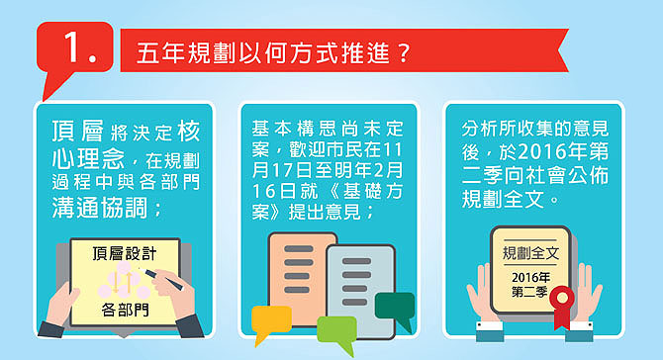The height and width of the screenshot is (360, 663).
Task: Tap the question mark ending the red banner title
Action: pos(404,53)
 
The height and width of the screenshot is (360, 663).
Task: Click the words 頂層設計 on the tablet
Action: pos(125,253)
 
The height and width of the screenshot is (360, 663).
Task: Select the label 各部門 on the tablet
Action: pos(125,310)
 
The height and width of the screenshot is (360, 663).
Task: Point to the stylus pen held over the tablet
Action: pos(162,279)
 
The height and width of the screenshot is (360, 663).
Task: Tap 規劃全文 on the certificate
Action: pos(530,253)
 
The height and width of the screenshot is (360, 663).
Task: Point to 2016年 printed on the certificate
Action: pos(531,278)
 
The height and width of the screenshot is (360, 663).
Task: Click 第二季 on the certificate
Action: pos(529,292)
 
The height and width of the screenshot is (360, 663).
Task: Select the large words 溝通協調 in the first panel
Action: pos(100,208)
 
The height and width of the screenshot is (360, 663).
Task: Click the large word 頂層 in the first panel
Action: pos(77,131)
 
